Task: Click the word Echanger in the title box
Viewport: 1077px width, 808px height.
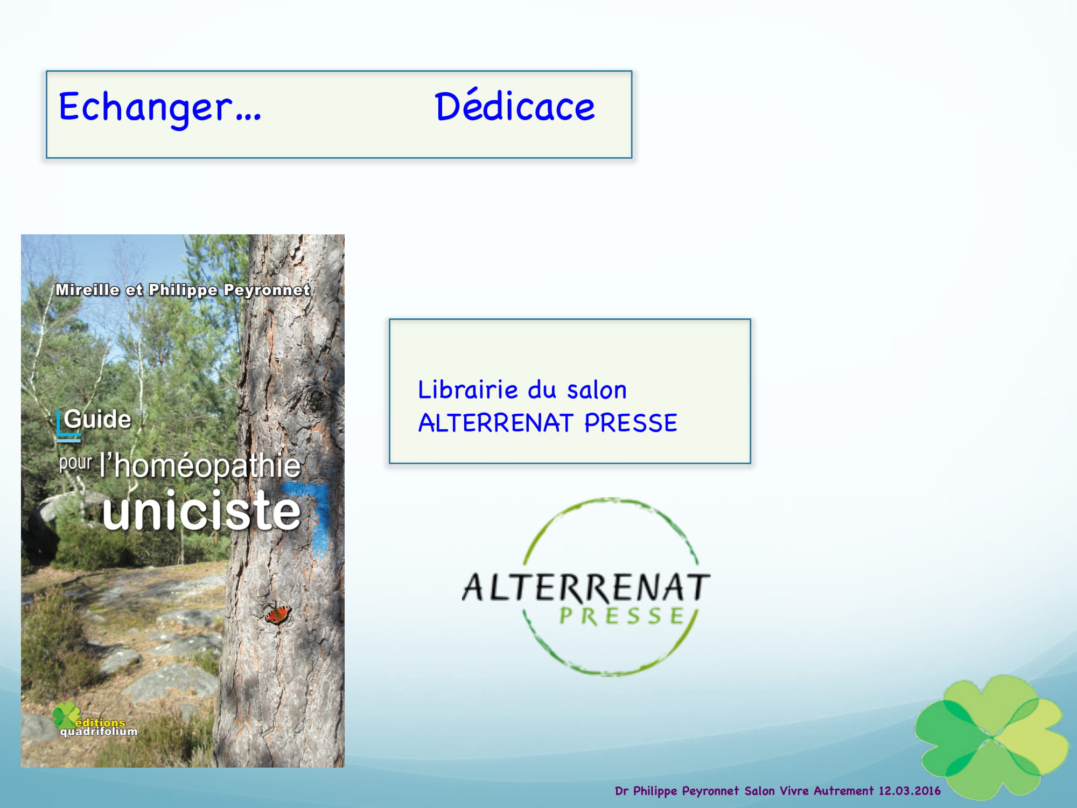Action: [145, 108]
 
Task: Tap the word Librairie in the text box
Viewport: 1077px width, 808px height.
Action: [468, 389]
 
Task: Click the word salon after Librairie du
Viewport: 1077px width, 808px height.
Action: [597, 390]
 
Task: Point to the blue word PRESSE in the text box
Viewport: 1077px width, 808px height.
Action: [631, 423]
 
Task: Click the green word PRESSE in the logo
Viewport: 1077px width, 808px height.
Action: [622, 616]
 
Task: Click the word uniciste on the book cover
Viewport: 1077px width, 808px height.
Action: [201, 510]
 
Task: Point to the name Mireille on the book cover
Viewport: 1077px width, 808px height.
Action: [87, 290]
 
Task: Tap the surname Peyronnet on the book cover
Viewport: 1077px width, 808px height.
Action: [267, 290]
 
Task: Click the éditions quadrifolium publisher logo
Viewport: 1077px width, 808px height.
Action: [94, 720]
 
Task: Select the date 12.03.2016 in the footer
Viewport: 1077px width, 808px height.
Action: [910, 791]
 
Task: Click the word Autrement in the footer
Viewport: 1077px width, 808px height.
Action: [843, 791]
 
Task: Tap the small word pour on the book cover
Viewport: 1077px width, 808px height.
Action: [75, 463]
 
